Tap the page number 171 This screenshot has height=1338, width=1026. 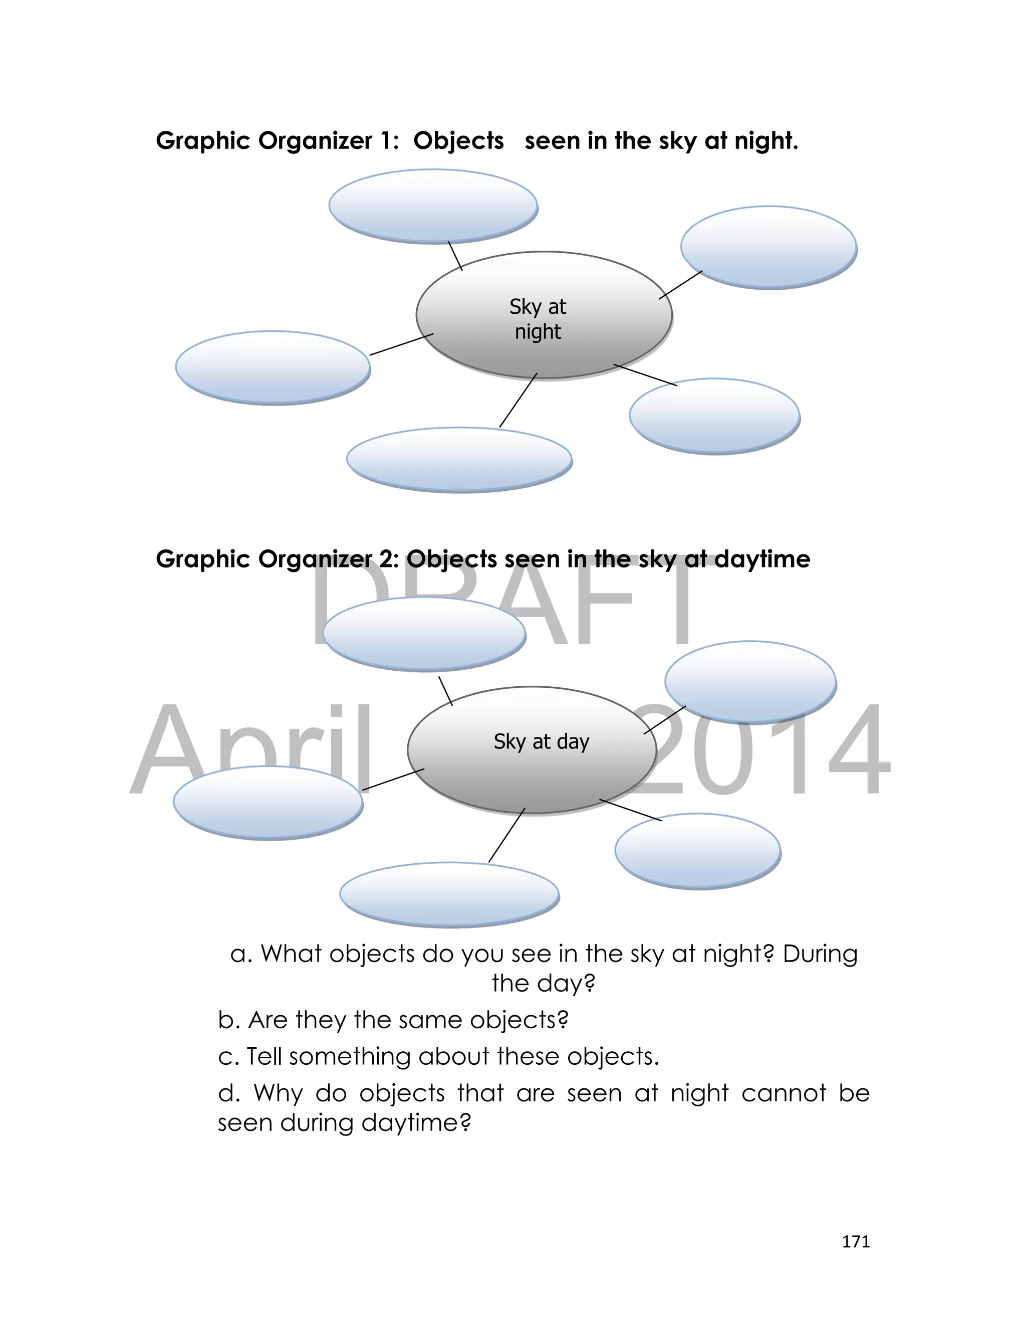point(856,1241)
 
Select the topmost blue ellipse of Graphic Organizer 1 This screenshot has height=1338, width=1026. point(433,207)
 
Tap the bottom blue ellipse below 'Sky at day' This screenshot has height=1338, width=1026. point(449,894)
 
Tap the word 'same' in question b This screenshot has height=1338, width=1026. point(427,1020)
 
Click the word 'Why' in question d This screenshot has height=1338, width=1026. point(278,1093)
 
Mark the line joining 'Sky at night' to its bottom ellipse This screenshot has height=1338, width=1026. point(518,400)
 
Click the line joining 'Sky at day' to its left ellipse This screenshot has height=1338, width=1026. point(393,780)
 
